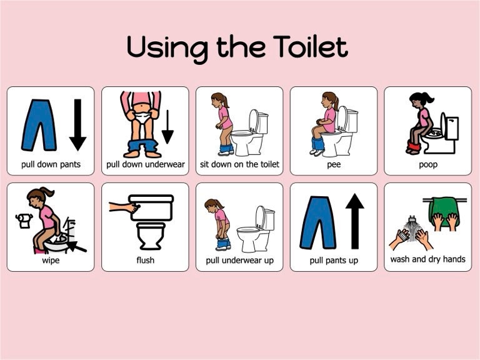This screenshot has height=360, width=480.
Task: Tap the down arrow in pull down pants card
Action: point(77,124)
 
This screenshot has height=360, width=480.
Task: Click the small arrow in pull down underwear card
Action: point(167,127)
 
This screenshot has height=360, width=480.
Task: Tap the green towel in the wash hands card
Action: point(444,212)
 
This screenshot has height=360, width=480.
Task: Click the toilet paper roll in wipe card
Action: point(24,220)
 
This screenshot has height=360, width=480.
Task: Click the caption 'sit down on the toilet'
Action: point(239,164)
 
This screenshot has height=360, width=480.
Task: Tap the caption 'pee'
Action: point(334,164)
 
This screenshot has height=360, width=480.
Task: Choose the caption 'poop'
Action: point(427,164)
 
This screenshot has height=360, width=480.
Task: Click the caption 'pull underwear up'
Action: point(239,260)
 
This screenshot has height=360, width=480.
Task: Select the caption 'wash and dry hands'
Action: point(427,259)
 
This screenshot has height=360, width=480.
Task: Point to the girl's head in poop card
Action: point(418,100)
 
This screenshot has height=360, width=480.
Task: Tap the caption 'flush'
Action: point(145,260)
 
